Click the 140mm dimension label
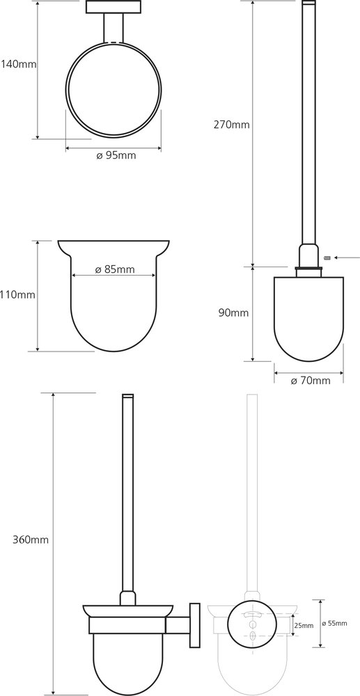(x=18, y=64)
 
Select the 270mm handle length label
(x=232, y=125)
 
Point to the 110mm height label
(x=17, y=294)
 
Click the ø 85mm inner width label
(x=114, y=269)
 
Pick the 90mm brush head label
(x=233, y=313)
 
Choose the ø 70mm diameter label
(x=311, y=381)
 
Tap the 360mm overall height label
(x=31, y=540)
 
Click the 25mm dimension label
(x=304, y=626)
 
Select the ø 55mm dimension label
(x=335, y=623)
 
